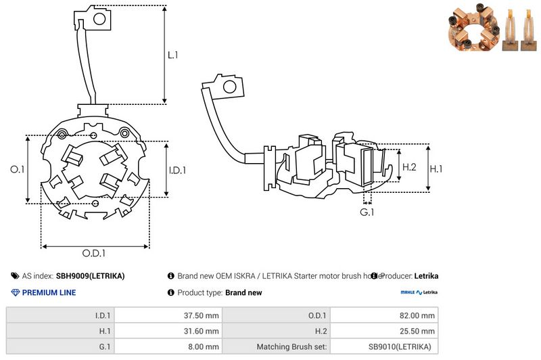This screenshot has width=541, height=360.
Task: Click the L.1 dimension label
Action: coord(173,55)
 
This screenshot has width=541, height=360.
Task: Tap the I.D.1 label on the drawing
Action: coord(177,170)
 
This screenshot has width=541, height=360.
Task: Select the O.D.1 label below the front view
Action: coord(95,254)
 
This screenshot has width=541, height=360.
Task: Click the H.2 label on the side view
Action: coord(409,167)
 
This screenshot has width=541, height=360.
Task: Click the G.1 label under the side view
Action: coord(367,212)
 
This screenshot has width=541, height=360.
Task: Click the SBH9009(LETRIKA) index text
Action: coord(90,276)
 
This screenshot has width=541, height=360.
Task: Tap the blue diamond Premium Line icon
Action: coord(16,292)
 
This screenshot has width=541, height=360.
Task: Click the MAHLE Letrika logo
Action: coord(419,292)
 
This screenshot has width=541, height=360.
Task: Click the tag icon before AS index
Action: coord(15,276)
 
